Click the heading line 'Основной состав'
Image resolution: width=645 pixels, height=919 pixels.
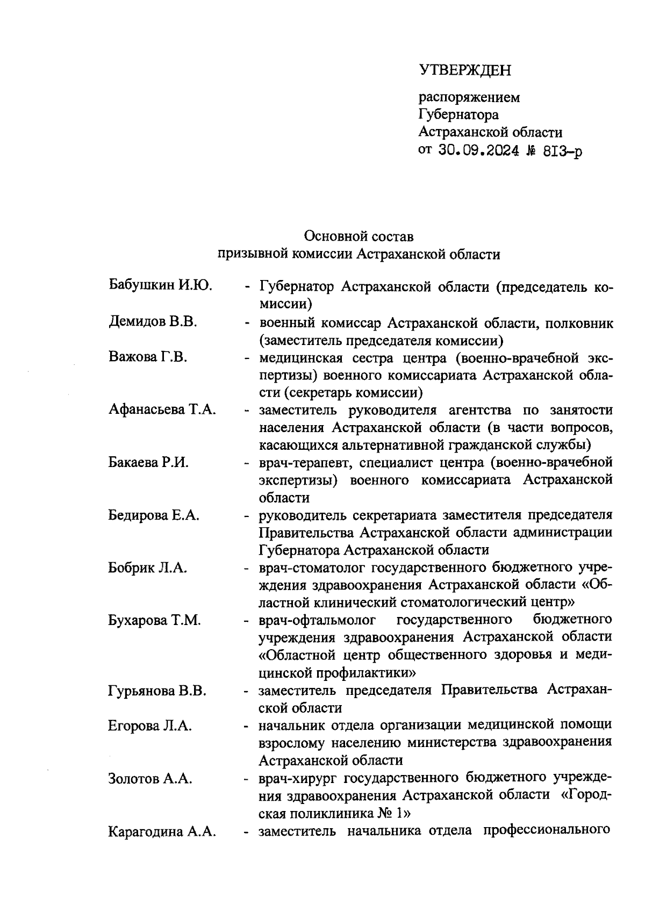tap(359, 236)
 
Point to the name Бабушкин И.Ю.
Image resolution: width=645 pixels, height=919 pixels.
tap(160, 285)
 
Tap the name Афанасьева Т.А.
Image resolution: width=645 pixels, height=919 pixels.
tap(162, 410)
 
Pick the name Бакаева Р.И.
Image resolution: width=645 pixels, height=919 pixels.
tap(148, 463)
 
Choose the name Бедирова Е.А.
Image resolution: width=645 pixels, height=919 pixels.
tap(154, 515)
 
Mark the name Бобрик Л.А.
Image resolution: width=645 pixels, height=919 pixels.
tap(148, 568)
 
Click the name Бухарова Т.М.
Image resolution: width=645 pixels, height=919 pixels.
tap(154, 620)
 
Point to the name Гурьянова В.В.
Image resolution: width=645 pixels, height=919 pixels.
tap(157, 691)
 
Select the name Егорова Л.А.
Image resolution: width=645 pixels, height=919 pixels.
tap(150, 726)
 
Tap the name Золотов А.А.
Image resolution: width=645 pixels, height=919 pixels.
tap(150, 778)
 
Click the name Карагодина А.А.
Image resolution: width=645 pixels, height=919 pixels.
tap(162, 832)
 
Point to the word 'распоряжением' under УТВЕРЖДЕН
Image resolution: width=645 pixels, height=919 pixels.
tap(469, 98)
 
